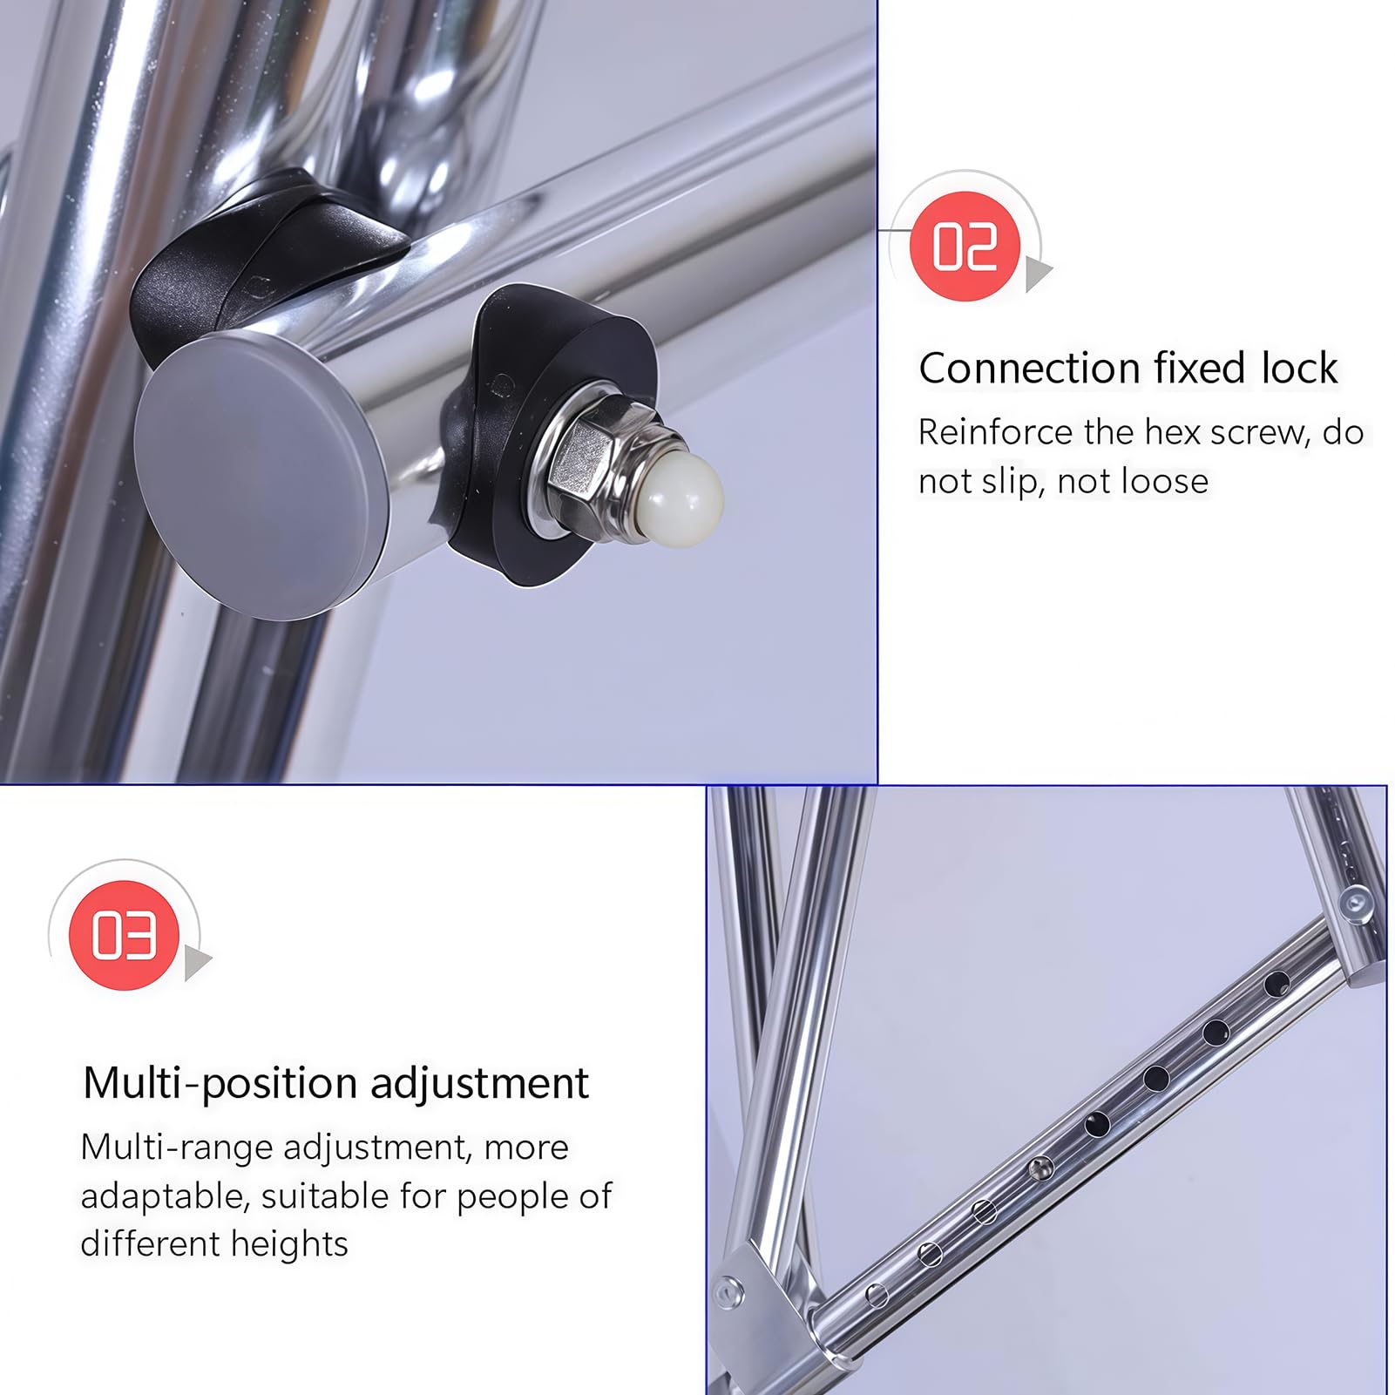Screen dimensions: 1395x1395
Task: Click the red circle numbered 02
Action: (965, 247)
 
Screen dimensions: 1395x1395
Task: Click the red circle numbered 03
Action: (125, 935)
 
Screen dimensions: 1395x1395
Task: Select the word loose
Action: (1166, 481)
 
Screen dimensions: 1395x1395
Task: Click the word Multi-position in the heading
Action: (220, 1084)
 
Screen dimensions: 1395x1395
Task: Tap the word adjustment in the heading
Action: (479, 1084)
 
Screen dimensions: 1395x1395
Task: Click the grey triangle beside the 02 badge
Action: (1038, 273)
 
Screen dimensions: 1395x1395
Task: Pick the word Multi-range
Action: (177, 1148)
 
